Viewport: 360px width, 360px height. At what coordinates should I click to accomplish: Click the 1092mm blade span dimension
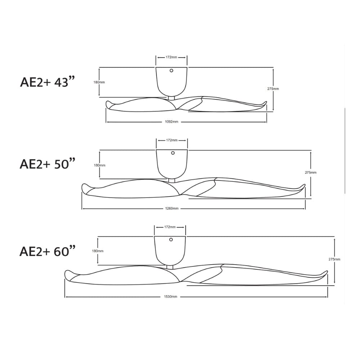(x=171, y=122)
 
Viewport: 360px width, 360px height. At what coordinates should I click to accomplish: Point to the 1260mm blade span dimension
(x=172, y=208)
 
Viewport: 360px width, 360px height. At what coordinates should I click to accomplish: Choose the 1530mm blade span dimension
(x=170, y=297)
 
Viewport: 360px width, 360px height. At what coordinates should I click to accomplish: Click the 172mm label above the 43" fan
(x=171, y=57)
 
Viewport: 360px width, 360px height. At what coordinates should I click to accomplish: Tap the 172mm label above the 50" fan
(x=172, y=140)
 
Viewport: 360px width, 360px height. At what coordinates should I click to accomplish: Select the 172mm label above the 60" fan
(x=170, y=227)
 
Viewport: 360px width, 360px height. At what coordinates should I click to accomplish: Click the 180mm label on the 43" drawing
(x=99, y=82)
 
